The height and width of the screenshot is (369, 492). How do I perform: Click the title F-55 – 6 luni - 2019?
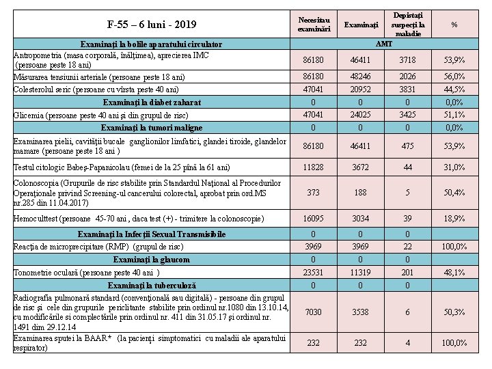[x=152, y=25]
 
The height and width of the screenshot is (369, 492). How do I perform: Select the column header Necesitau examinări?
[x=314, y=25]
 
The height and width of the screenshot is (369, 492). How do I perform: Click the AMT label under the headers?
[x=385, y=43]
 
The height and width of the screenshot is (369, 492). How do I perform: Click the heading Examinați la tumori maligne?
[x=152, y=128]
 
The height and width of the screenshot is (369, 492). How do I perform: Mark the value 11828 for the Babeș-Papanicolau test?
[x=314, y=167]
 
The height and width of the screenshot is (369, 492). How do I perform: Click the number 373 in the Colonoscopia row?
[x=314, y=193]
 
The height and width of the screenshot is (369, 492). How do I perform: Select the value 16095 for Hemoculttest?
[x=314, y=218]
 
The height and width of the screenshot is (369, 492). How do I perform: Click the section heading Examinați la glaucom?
[x=152, y=260]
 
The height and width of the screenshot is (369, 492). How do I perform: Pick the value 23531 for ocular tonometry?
[x=314, y=272]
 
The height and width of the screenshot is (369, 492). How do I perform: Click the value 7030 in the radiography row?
[x=314, y=312]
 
